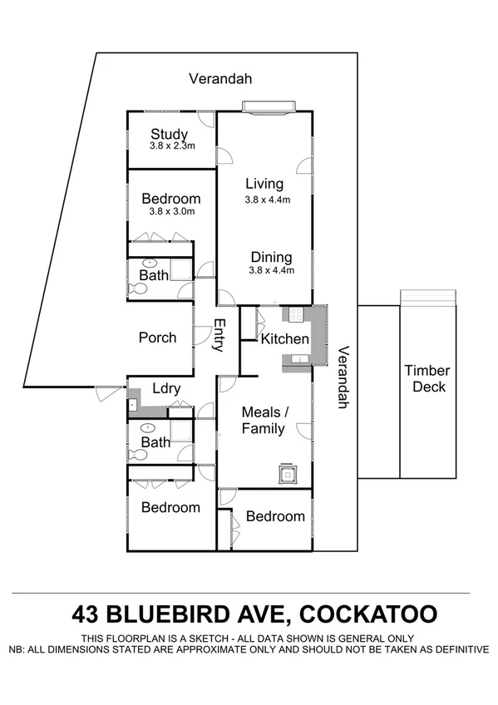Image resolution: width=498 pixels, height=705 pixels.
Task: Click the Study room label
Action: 169,134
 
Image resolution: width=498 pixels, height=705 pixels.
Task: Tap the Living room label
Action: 264,184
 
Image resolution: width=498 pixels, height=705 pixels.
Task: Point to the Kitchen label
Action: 284,339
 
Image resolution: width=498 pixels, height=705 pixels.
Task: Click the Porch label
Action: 157,338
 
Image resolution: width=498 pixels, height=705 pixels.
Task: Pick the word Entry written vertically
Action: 219,336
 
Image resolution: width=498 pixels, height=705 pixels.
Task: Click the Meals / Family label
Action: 263,420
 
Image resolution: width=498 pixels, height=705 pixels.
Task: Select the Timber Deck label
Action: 427,378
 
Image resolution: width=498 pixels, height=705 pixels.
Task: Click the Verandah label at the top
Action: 220,79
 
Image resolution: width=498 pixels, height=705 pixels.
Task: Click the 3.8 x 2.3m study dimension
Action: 172,146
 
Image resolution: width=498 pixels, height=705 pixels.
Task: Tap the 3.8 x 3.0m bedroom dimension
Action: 171,211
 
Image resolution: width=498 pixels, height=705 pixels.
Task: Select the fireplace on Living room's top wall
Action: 269,106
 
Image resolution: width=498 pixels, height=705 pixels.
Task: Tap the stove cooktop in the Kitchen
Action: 293,314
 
